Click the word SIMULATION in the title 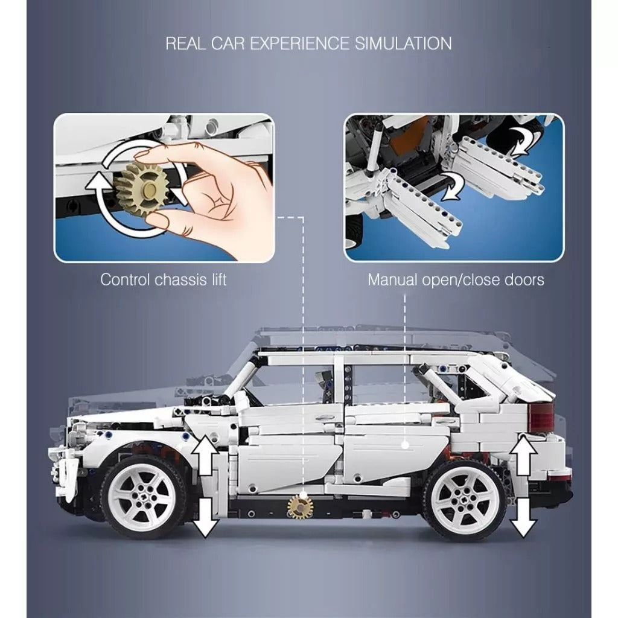tap(403, 43)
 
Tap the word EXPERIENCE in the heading tap(300, 43)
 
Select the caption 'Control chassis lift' tap(163, 279)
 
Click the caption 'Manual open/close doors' tap(456, 279)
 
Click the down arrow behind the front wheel tap(205, 517)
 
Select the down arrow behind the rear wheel tap(523, 517)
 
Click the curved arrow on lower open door tap(453, 185)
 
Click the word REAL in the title tap(186, 43)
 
